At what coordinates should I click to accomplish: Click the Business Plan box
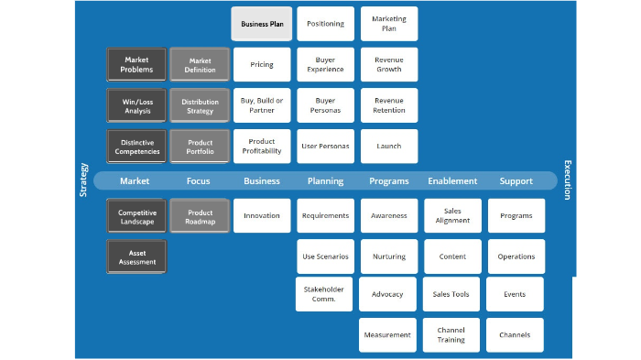(262, 24)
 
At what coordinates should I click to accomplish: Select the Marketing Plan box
(389, 24)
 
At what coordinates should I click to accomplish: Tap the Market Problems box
(136, 65)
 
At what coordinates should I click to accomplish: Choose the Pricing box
(262, 65)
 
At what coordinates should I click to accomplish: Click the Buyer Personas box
(325, 105)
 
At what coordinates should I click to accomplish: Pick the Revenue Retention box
(389, 105)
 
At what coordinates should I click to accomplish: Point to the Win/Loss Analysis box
(136, 105)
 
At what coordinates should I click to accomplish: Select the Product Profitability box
(262, 146)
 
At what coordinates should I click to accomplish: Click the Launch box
(389, 146)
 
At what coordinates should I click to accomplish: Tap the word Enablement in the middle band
(452, 181)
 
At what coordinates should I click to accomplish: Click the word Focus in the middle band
(199, 181)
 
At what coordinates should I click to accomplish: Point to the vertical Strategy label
(84, 180)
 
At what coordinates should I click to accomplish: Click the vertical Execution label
(567, 180)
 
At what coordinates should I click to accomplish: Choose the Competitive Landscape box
(136, 216)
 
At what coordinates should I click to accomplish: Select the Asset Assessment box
(136, 256)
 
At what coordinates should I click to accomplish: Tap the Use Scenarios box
(325, 256)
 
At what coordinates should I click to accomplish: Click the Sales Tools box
(451, 295)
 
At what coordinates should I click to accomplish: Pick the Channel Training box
(451, 335)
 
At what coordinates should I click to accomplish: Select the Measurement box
(387, 335)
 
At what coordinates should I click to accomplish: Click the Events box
(515, 295)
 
